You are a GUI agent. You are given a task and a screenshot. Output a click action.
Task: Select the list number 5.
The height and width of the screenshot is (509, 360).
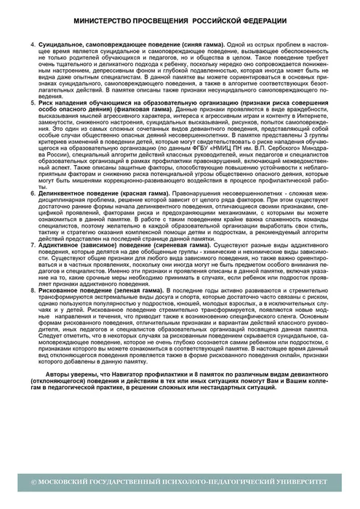pyautogui.click(x=33, y=104)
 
